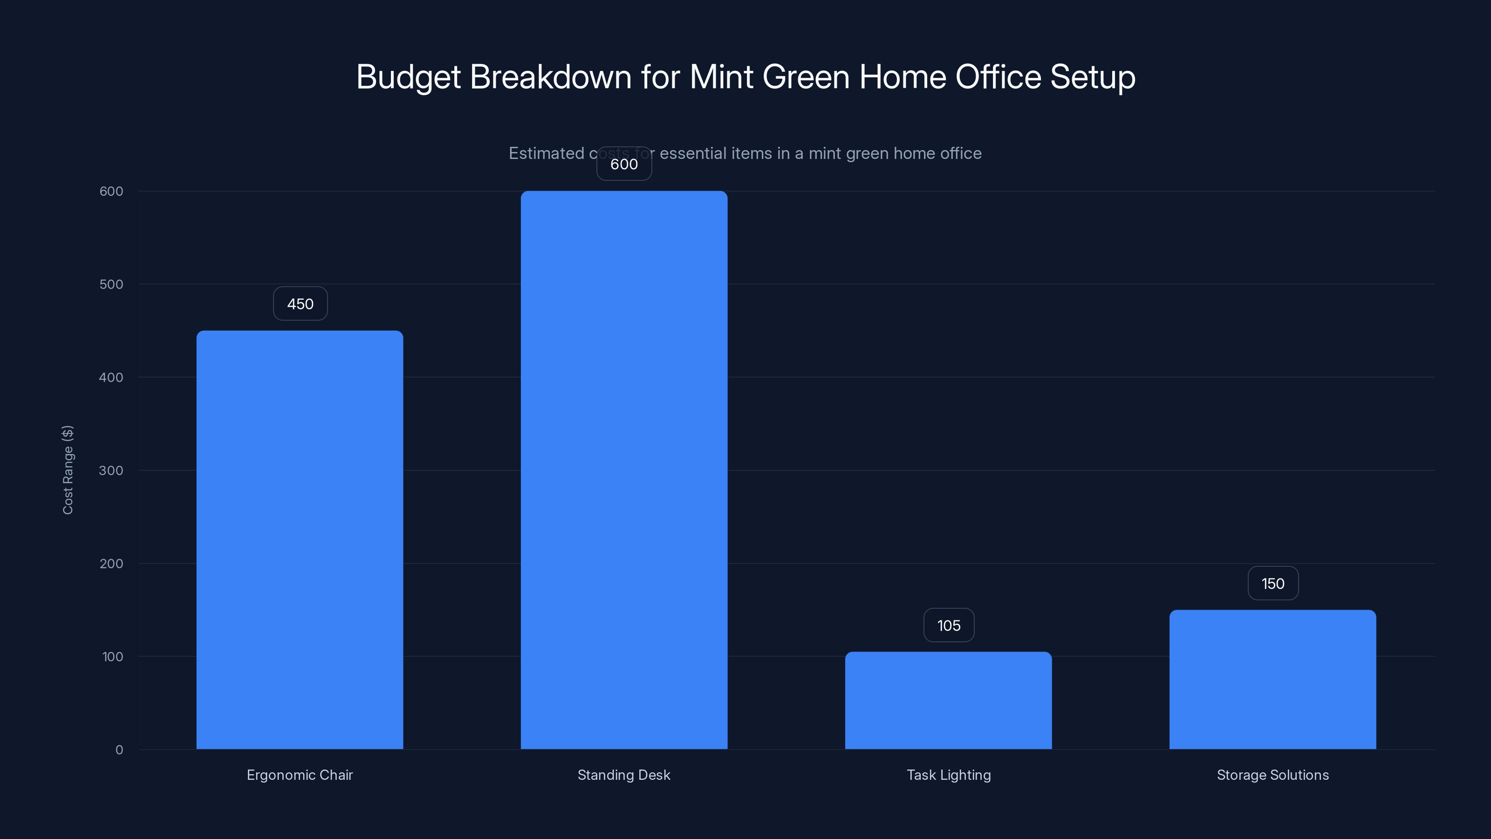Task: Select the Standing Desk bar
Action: point(624,469)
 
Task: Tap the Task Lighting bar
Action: point(948,700)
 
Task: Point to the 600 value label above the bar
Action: point(624,165)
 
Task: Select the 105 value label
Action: point(949,626)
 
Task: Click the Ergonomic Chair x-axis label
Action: point(300,775)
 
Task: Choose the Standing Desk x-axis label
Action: point(624,775)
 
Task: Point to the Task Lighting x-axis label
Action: point(949,775)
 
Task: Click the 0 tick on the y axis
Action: point(119,750)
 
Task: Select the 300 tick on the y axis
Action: point(111,471)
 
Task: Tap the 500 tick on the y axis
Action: point(111,284)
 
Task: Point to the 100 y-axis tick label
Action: point(112,657)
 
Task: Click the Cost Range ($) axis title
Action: point(68,469)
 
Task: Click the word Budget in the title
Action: point(408,77)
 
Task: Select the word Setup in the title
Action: point(1093,77)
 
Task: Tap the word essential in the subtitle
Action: point(693,153)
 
